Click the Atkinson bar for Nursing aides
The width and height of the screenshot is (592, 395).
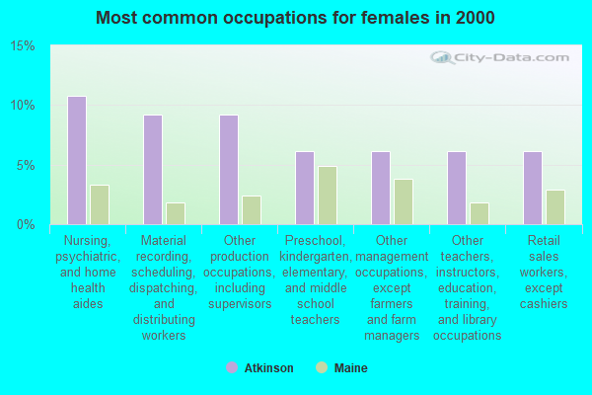click(x=77, y=160)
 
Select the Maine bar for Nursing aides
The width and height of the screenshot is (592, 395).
click(x=100, y=204)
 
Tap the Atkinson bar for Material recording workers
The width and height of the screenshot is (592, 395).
click(x=153, y=170)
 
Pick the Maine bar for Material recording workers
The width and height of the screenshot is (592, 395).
click(x=176, y=213)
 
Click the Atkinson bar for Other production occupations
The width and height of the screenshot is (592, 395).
click(x=229, y=170)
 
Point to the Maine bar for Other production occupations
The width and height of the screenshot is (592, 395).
click(x=252, y=209)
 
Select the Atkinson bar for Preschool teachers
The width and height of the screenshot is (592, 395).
click(x=305, y=188)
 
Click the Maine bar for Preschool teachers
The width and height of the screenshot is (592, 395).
click(x=328, y=196)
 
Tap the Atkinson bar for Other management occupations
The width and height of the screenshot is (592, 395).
click(x=381, y=188)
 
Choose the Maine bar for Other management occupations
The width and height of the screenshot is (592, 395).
click(x=404, y=201)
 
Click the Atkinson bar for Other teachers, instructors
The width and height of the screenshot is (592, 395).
click(x=457, y=188)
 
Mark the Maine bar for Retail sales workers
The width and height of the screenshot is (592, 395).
click(x=555, y=207)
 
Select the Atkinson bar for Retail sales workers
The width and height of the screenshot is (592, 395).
click(x=533, y=188)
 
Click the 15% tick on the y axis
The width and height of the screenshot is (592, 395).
click(x=23, y=46)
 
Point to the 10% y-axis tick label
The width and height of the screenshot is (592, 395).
click(x=23, y=106)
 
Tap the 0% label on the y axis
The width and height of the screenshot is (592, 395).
click(x=27, y=224)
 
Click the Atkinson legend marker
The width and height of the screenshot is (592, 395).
click(x=232, y=368)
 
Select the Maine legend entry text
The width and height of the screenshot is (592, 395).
click(x=350, y=368)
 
